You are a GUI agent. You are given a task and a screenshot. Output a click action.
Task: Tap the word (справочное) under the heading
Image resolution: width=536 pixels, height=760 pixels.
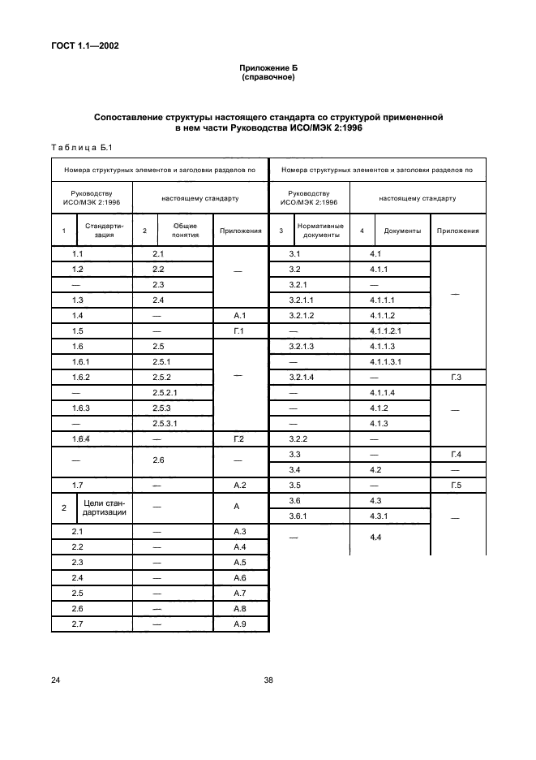tap(268, 78)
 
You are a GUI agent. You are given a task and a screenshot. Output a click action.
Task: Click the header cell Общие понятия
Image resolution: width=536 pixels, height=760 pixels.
tap(185, 231)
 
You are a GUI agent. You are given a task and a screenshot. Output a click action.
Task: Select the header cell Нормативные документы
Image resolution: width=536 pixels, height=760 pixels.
tap(320, 231)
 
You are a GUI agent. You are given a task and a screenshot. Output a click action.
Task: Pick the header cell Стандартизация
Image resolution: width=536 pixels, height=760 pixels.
tap(103, 231)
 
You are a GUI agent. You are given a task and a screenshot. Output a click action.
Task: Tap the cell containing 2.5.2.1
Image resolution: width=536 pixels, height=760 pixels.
tap(165, 392)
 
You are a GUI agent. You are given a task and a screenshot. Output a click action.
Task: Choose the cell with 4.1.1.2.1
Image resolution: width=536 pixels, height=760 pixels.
tap(386, 330)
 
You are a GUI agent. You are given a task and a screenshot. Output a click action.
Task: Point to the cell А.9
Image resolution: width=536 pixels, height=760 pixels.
tap(240, 624)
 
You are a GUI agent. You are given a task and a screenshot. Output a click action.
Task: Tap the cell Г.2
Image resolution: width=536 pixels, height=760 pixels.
tap(240, 438)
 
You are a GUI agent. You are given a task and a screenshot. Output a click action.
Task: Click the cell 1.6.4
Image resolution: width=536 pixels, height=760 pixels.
tap(81, 438)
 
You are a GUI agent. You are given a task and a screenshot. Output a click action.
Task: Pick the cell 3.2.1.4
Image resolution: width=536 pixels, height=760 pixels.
tap(301, 377)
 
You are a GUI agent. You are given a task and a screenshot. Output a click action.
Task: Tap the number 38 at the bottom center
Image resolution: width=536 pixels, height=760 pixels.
tap(268, 680)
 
